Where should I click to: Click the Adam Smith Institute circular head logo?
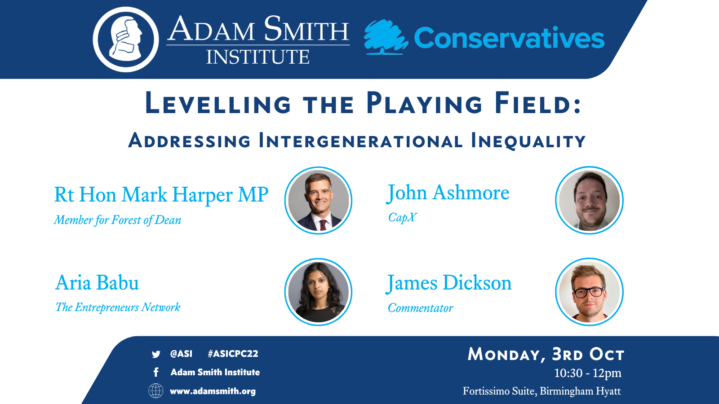(x=126, y=40)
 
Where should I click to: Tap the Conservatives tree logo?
(x=386, y=37)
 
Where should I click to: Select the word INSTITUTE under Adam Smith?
(x=258, y=57)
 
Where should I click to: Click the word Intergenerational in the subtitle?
(x=360, y=141)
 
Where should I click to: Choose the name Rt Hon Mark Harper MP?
(x=161, y=195)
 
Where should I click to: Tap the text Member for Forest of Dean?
(x=117, y=220)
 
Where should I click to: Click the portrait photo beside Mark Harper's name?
(x=319, y=200)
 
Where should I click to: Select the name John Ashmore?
(x=448, y=193)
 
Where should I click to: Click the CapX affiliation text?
(x=402, y=217)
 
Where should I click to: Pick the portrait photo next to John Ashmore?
(x=589, y=200)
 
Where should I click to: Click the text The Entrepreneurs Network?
(x=118, y=307)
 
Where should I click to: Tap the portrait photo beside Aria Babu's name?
(x=319, y=292)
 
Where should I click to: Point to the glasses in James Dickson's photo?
(x=589, y=292)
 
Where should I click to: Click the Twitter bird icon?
(x=156, y=354)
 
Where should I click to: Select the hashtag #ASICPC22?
(x=233, y=354)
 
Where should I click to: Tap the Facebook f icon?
(x=156, y=372)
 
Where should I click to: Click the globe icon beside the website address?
(x=155, y=391)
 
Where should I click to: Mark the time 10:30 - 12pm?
(x=588, y=373)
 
